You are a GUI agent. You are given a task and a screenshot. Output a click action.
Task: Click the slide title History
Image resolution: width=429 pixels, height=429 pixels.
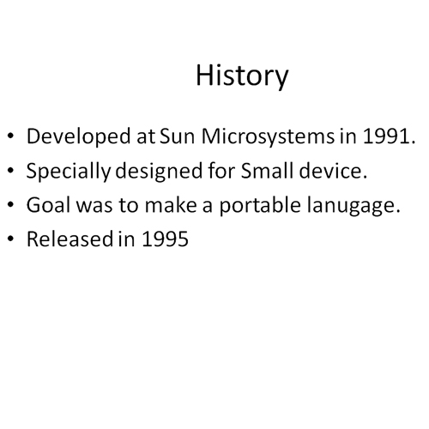tap(242, 76)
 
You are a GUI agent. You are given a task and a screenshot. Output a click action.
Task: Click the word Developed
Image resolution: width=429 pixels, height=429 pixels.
tap(79, 136)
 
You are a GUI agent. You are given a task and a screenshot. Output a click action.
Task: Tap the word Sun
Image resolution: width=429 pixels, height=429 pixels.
tap(177, 136)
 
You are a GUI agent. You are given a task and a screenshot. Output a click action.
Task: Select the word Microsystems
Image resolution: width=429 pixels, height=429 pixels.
tap(268, 137)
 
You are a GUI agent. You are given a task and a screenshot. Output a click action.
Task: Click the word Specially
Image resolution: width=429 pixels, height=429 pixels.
tap(69, 172)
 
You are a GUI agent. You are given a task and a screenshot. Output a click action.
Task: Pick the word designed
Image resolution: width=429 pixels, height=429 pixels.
tap(159, 172)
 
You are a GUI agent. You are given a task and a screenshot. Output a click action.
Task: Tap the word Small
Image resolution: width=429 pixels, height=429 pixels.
tap(267, 170)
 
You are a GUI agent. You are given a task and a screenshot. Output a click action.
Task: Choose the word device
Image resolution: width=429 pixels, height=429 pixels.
tap(333, 170)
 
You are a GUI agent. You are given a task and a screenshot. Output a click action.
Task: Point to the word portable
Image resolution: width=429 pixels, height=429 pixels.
tap(260, 206)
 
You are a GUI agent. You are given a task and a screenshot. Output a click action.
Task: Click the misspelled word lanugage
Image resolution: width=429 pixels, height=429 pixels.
tap(353, 206)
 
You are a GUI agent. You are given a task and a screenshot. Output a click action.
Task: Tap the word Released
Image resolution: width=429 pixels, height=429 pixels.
tap(69, 239)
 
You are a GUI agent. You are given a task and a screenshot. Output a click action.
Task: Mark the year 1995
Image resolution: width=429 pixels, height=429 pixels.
tap(166, 239)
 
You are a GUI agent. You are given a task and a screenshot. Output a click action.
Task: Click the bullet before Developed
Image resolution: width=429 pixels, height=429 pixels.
tap(10, 136)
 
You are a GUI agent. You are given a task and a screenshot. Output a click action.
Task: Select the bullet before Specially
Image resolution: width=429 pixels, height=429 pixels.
tap(10, 171)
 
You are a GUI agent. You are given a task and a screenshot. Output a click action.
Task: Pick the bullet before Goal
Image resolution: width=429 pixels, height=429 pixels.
tap(10, 205)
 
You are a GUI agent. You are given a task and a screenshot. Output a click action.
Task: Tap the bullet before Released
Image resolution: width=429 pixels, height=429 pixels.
tap(10, 239)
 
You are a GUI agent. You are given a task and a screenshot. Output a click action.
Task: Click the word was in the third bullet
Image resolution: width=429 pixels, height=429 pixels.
tap(94, 207)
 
